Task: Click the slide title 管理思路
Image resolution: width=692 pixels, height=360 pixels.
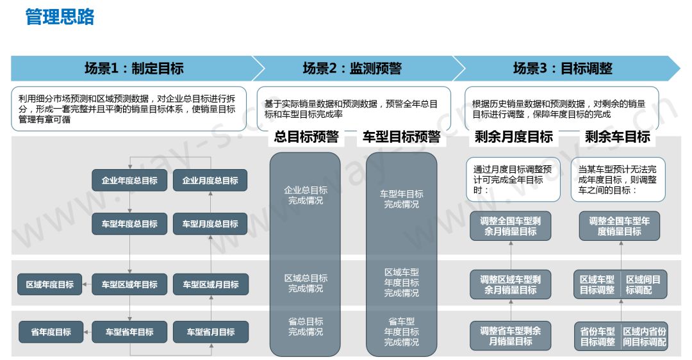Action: (x=60, y=17)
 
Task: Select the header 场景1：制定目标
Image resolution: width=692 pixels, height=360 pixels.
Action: (x=134, y=69)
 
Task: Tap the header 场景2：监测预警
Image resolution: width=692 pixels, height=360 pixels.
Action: (x=352, y=69)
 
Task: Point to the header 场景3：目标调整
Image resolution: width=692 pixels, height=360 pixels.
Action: (x=563, y=69)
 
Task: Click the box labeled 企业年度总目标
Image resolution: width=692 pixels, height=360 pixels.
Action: (x=129, y=181)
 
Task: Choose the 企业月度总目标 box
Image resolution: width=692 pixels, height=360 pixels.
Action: (x=210, y=181)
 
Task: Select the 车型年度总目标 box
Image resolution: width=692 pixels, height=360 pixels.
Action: (x=129, y=224)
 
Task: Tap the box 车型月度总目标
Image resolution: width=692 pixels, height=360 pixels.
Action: (x=210, y=224)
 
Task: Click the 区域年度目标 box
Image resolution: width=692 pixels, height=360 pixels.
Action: (x=50, y=284)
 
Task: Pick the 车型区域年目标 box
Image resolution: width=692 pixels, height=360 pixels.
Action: (x=129, y=284)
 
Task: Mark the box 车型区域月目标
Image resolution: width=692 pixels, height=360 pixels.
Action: (x=210, y=284)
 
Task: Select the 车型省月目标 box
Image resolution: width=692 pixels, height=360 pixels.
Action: (x=210, y=332)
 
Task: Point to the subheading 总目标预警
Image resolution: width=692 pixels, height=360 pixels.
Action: (x=306, y=136)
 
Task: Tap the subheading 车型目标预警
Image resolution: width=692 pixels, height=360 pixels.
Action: (x=402, y=136)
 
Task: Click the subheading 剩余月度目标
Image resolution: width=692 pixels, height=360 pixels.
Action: (x=514, y=136)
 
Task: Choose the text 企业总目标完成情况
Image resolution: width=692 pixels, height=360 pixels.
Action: (x=306, y=195)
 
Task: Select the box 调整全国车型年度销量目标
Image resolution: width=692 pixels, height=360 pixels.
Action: (x=619, y=226)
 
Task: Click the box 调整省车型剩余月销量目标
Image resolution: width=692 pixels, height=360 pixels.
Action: (x=511, y=336)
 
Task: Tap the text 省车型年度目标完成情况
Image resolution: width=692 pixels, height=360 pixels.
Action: (x=402, y=332)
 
